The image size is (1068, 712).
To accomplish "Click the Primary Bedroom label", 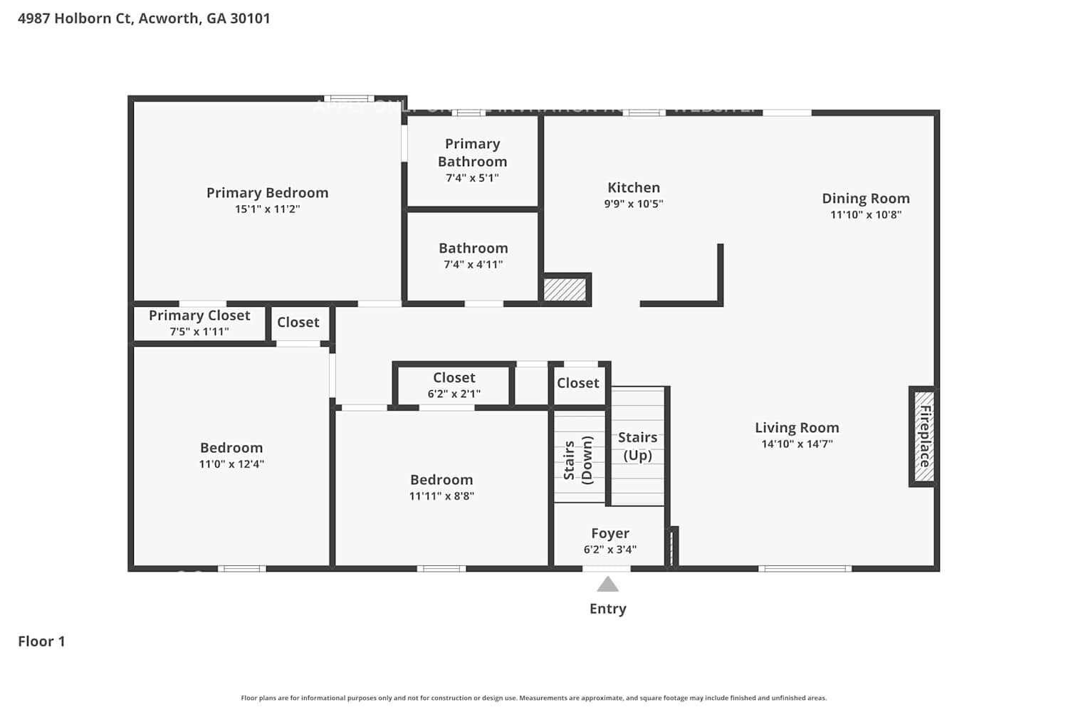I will (267, 193).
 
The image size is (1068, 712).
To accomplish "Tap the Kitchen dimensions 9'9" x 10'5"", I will (633, 204).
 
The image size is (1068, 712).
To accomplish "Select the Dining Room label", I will (865, 199).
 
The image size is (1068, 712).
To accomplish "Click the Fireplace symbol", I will (923, 436).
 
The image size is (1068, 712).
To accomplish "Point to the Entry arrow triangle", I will (607, 585).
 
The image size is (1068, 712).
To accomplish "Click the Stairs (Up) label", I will (637, 446).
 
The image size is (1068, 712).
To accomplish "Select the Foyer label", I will (609, 533).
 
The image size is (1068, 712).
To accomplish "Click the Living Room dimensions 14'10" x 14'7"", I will (797, 444).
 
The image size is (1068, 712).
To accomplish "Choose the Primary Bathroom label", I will (472, 153).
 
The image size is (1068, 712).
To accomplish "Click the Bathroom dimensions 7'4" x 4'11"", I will (473, 264).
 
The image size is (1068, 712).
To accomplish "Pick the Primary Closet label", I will (199, 315).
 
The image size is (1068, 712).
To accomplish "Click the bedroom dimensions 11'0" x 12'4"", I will (231, 464).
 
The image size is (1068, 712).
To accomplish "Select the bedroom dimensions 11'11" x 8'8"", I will (441, 496).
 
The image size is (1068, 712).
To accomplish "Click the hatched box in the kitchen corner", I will (565, 290).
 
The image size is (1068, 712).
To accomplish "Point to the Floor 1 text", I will (41, 642).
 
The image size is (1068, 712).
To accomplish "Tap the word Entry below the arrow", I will (607, 609).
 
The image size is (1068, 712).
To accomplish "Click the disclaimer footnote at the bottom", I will (533, 698).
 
